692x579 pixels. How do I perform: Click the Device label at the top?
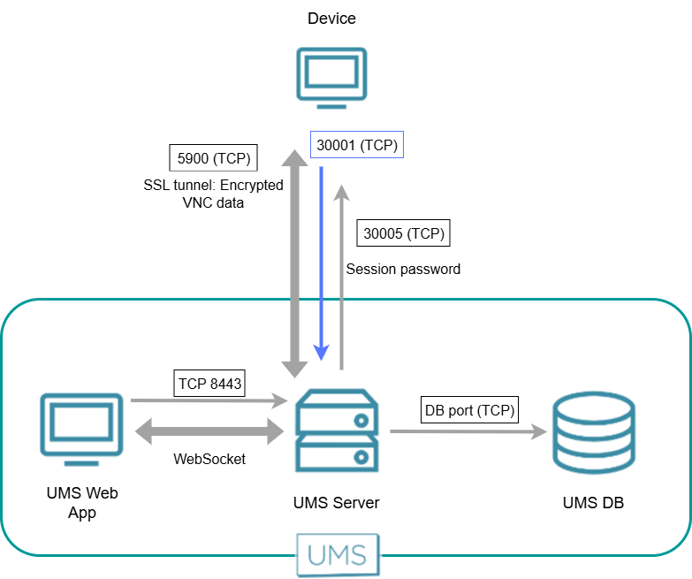pyautogui.click(x=331, y=19)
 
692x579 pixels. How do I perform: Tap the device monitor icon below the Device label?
pyautogui.click(x=331, y=79)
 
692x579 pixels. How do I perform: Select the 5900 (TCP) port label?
pyautogui.click(x=213, y=159)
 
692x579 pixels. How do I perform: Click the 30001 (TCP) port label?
pyautogui.click(x=357, y=145)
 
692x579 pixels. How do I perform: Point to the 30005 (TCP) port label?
pyautogui.click(x=404, y=234)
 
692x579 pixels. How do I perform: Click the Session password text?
pyautogui.click(x=403, y=269)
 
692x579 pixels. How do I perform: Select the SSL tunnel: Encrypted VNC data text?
pyautogui.click(x=213, y=194)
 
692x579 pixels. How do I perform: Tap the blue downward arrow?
pyautogui.click(x=321, y=265)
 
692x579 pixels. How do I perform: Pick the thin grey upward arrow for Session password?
pyautogui.click(x=341, y=274)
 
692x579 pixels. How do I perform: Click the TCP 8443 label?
pyautogui.click(x=209, y=385)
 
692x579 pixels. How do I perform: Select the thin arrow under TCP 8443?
pyautogui.click(x=209, y=401)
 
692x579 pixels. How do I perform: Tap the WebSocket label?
pyautogui.click(x=209, y=459)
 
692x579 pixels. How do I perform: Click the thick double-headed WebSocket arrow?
pyautogui.click(x=209, y=433)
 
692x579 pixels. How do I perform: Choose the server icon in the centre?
pyautogui.click(x=338, y=431)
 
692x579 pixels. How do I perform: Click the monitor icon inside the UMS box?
pyautogui.click(x=81, y=428)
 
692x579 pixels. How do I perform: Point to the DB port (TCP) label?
pyautogui.click(x=468, y=410)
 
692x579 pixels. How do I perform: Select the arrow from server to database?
pyautogui.click(x=468, y=431)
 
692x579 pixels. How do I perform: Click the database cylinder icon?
pyautogui.click(x=592, y=431)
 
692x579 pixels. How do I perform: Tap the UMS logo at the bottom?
pyautogui.click(x=338, y=554)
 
